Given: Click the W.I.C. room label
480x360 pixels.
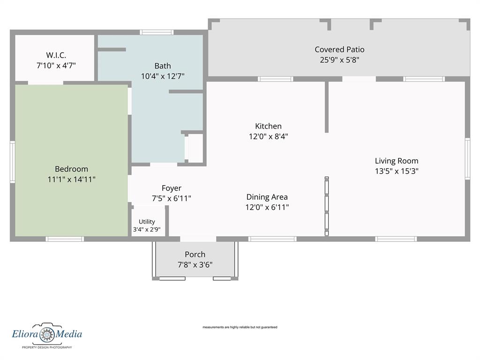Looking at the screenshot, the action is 56,55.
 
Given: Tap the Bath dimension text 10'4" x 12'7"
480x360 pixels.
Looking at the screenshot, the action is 163,76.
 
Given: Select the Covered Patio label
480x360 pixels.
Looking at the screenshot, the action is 339,49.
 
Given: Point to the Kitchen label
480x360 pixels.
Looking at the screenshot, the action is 268,126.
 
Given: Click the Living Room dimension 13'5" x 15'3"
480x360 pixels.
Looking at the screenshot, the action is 397,171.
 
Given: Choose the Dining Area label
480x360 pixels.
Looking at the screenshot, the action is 267,197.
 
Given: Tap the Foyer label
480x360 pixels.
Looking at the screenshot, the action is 172,188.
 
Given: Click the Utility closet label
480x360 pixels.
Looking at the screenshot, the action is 147,221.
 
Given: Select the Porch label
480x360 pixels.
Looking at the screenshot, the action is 195,255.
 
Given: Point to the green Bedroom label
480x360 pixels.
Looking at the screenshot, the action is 71,169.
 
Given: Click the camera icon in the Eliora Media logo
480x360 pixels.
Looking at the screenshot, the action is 47,333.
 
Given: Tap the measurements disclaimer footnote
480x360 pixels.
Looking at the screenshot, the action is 240,327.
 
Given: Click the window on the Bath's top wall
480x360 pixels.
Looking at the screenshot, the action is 157,32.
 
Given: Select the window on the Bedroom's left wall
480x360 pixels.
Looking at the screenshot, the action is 13,162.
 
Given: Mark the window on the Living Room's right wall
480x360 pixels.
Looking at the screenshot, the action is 467,158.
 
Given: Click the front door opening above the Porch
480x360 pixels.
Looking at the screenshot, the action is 198,239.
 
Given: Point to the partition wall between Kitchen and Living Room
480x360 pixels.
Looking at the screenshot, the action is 327,107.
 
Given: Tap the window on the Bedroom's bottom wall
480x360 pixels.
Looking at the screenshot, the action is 65,239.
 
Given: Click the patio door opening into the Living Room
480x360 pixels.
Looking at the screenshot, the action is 359,79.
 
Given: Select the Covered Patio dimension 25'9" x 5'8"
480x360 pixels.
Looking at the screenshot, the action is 339,60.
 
